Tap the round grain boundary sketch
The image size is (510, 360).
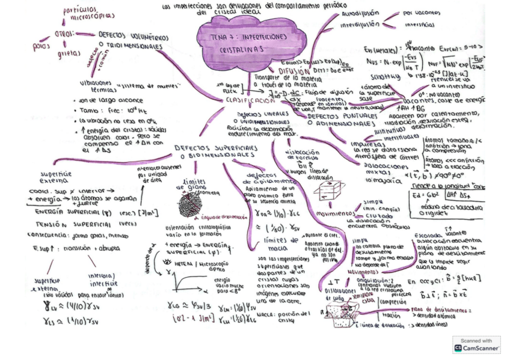191,205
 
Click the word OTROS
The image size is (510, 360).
63,34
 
